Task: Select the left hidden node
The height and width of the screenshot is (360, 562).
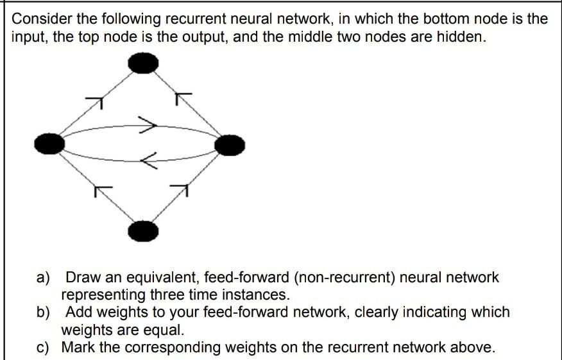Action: (x=49, y=143)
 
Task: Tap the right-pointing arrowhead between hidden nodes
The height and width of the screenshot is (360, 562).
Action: (x=149, y=124)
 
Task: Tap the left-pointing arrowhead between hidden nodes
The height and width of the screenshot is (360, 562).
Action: (x=148, y=160)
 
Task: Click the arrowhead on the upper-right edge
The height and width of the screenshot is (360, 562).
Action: (x=183, y=98)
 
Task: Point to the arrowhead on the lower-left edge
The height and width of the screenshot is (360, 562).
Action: (x=103, y=190)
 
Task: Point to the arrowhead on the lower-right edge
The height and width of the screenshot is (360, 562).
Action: (x=181, y=189)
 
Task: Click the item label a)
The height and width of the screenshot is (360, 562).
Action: (x=43, y=279)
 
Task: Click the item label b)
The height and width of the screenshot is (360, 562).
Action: (x=43, y=313)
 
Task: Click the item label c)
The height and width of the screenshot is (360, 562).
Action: (x=43, y=348)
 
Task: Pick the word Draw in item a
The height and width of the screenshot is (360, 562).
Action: (x=82, y=279)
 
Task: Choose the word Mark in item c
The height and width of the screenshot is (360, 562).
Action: (x=82, y=348)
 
